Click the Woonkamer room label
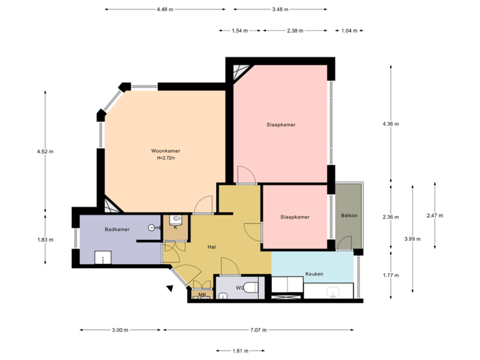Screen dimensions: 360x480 click(165, 151)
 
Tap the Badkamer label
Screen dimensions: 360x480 click(117, 229)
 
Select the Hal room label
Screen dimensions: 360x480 click(211, 247)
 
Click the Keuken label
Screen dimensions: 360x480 click(314, 274)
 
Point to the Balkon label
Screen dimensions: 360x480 click(349, 215)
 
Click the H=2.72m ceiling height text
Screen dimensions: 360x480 click(165, 159)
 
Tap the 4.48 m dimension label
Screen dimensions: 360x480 click(165, 9)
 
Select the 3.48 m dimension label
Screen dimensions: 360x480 click(281, 9)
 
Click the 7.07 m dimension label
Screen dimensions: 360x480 click(259, 330)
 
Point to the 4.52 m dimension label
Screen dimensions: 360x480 click(45, 152)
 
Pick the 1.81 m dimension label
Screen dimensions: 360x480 click(240, 351)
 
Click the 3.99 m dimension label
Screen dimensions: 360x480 click(413, 238)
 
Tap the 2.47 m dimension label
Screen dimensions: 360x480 click(435, 215)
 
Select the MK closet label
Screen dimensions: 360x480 click(201, 294)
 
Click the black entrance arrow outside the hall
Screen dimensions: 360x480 click(170, 288)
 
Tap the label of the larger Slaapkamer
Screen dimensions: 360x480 click(281, 125)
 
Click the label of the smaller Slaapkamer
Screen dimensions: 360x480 click(295, 217)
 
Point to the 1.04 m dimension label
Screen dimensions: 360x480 click(348, 31)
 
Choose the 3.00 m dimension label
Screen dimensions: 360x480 click(120, 330)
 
